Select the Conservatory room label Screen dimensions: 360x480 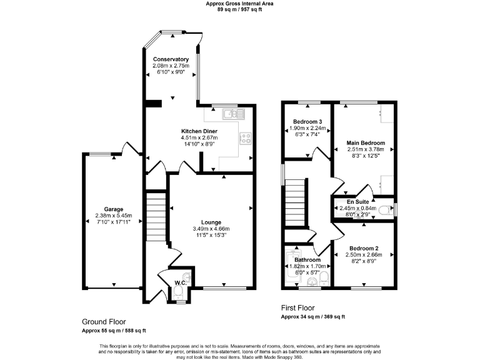(171, 59)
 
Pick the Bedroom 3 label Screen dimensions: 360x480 (307, 121)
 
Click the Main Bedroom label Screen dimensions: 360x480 (366, 143)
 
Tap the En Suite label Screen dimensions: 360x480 (358, 202)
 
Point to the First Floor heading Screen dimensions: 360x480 (297, 307)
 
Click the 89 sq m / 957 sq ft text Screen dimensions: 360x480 (240, 10)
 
